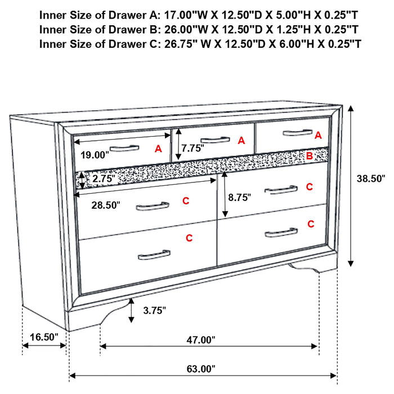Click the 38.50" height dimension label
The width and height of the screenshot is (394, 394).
click(x=370, y=179)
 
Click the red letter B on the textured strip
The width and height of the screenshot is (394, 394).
click(x=309, y=156)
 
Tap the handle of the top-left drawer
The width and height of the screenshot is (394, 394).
click(x=124, y=149)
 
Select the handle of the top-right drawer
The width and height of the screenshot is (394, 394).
click(x=297, y=133)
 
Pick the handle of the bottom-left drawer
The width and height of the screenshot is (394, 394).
click(x=154, y=255)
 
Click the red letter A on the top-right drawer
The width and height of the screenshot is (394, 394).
click(x=318, y=135)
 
